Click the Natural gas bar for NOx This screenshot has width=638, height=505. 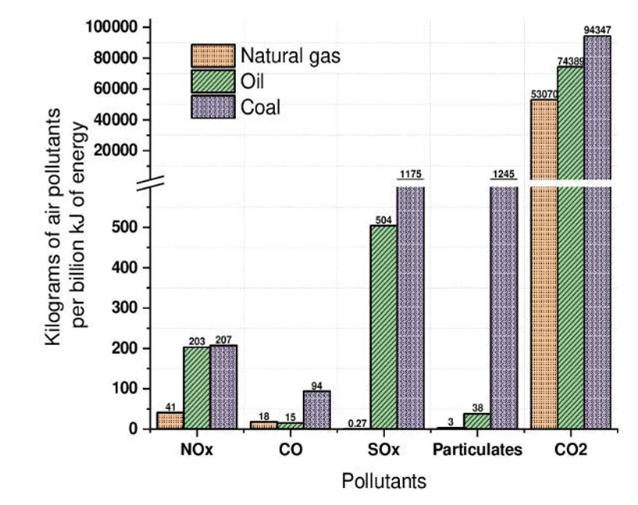point(170,421)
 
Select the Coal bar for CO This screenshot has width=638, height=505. point(316,410)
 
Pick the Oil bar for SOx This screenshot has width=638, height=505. point(383,327)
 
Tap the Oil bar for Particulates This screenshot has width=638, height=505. point(477,421)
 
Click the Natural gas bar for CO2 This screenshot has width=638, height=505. point(544,264)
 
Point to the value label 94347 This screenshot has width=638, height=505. point(597,30)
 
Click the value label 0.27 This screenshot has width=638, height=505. point(357,424)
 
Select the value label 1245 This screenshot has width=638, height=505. point(504,174)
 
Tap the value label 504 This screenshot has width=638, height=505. point(383,220)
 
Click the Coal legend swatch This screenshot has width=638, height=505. point(213,107)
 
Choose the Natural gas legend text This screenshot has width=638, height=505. point(290,56)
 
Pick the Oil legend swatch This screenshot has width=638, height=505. point(213,81)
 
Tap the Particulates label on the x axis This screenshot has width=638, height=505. point(477,450)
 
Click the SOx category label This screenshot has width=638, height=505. point(383,450)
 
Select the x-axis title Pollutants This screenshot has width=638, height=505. point(383,482)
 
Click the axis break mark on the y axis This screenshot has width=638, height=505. point(151,183)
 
